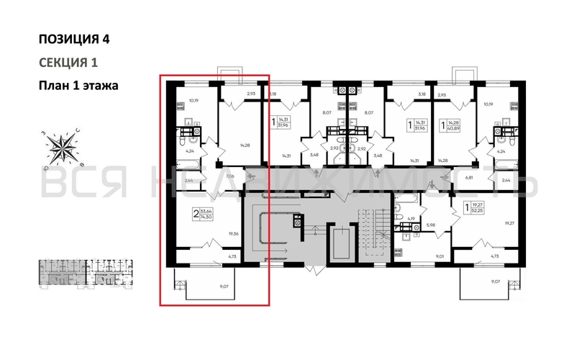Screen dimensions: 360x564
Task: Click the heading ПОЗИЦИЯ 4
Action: pos(74,39)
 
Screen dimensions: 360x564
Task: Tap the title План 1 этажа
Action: pos(78,85)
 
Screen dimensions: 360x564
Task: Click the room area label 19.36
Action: pos(232,234)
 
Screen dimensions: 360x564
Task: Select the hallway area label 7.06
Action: pos(230,175)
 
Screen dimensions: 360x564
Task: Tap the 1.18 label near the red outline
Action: pos(273,94)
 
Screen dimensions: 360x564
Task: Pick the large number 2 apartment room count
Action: pos(195,214)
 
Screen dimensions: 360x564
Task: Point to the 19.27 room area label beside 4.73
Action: pos(509,223)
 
